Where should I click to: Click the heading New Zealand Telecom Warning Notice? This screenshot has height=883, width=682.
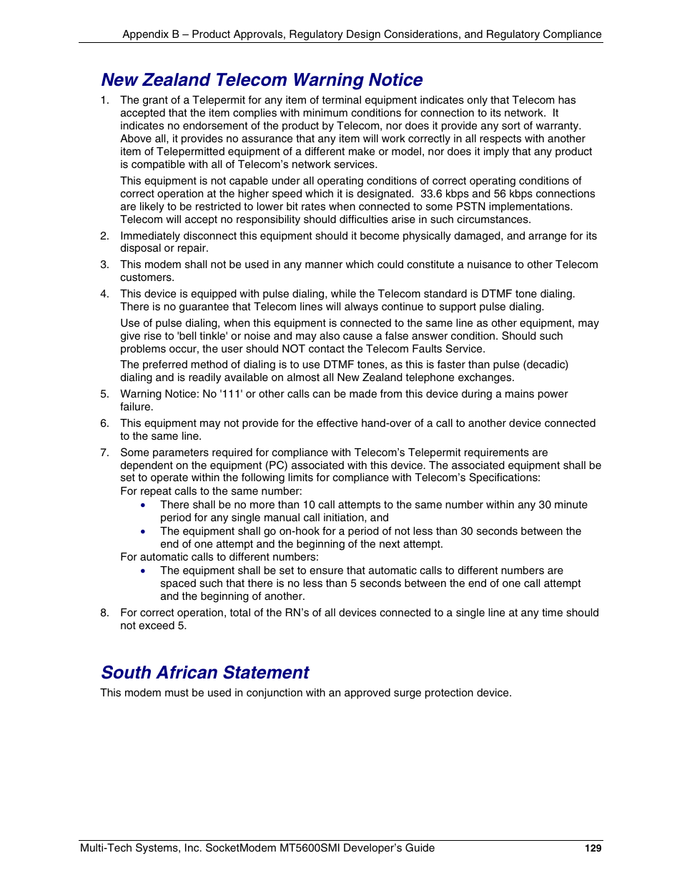[x=262, y=80]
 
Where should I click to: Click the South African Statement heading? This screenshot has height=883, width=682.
[x=205, y=673]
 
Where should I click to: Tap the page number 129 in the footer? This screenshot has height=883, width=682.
[x=593, y=849]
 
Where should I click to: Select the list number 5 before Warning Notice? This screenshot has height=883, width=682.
[x=104, y=394]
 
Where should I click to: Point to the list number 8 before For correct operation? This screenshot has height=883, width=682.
[x=104, y=613]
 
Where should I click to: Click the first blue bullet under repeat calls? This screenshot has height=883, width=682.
[x=144, y=505]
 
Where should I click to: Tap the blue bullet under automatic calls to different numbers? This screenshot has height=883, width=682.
[x=144, y=571]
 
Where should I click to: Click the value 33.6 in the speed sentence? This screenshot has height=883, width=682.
[x=432, y=194]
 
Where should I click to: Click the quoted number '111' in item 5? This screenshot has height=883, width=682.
[x=231, y=394]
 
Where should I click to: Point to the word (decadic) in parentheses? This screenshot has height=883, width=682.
[x=546, y=365]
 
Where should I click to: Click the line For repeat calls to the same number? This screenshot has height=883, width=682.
[x=211, y=491]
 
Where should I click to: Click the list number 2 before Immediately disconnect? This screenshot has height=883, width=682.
[x=104, y=236]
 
